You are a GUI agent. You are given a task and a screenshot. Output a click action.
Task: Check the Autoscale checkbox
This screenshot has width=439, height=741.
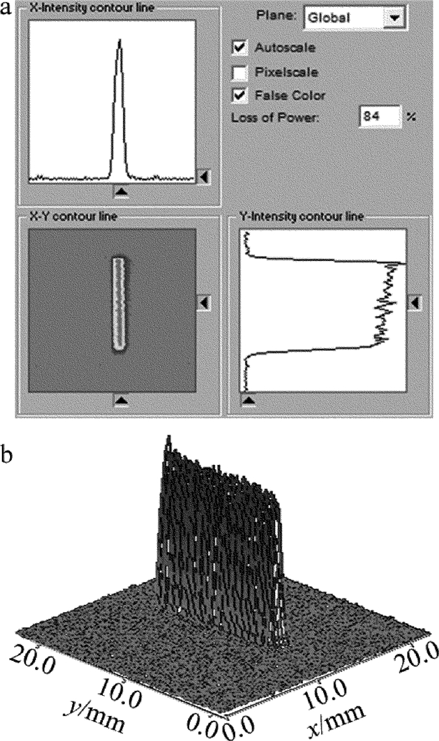pyautogui.click(x=239, y=48)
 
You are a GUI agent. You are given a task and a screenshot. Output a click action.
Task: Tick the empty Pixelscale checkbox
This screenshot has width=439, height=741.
pyautogui.click(x=239, y=72)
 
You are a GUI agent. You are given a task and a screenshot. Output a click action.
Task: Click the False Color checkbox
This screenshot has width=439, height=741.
pyautogui.click(x=239, y=95)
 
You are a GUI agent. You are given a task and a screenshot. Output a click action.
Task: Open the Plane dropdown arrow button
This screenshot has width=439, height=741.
pyautogui.click(x=393, y=18)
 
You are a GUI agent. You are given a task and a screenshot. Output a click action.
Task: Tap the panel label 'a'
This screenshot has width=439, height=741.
pyautogui.click(x=7, y=9)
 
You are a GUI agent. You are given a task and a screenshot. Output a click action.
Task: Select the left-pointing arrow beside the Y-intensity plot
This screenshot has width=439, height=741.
pyautogui.click(x=415, y=304)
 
